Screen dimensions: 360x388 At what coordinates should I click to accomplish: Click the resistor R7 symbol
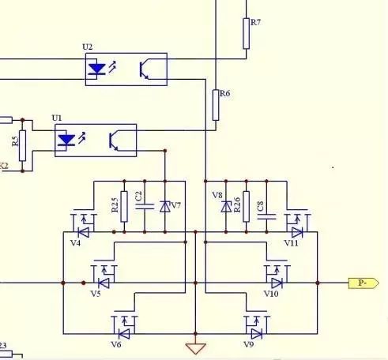[246, 34]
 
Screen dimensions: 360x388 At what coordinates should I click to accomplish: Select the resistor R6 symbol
[215, 104]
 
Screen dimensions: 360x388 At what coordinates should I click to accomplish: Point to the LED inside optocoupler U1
[67, 141]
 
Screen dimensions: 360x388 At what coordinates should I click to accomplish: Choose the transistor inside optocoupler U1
[117, 141]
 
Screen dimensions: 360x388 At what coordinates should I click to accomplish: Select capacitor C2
[145, 206]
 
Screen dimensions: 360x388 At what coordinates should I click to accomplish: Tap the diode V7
[164, 206]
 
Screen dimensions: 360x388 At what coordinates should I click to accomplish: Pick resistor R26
[247, 206]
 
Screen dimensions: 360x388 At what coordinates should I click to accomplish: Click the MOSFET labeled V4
[81, 227]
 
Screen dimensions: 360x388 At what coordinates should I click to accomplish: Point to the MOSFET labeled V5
[103, 277]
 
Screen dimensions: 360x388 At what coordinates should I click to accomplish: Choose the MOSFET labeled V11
[296, 227]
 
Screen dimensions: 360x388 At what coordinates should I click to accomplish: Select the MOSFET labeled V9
[253, 323]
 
